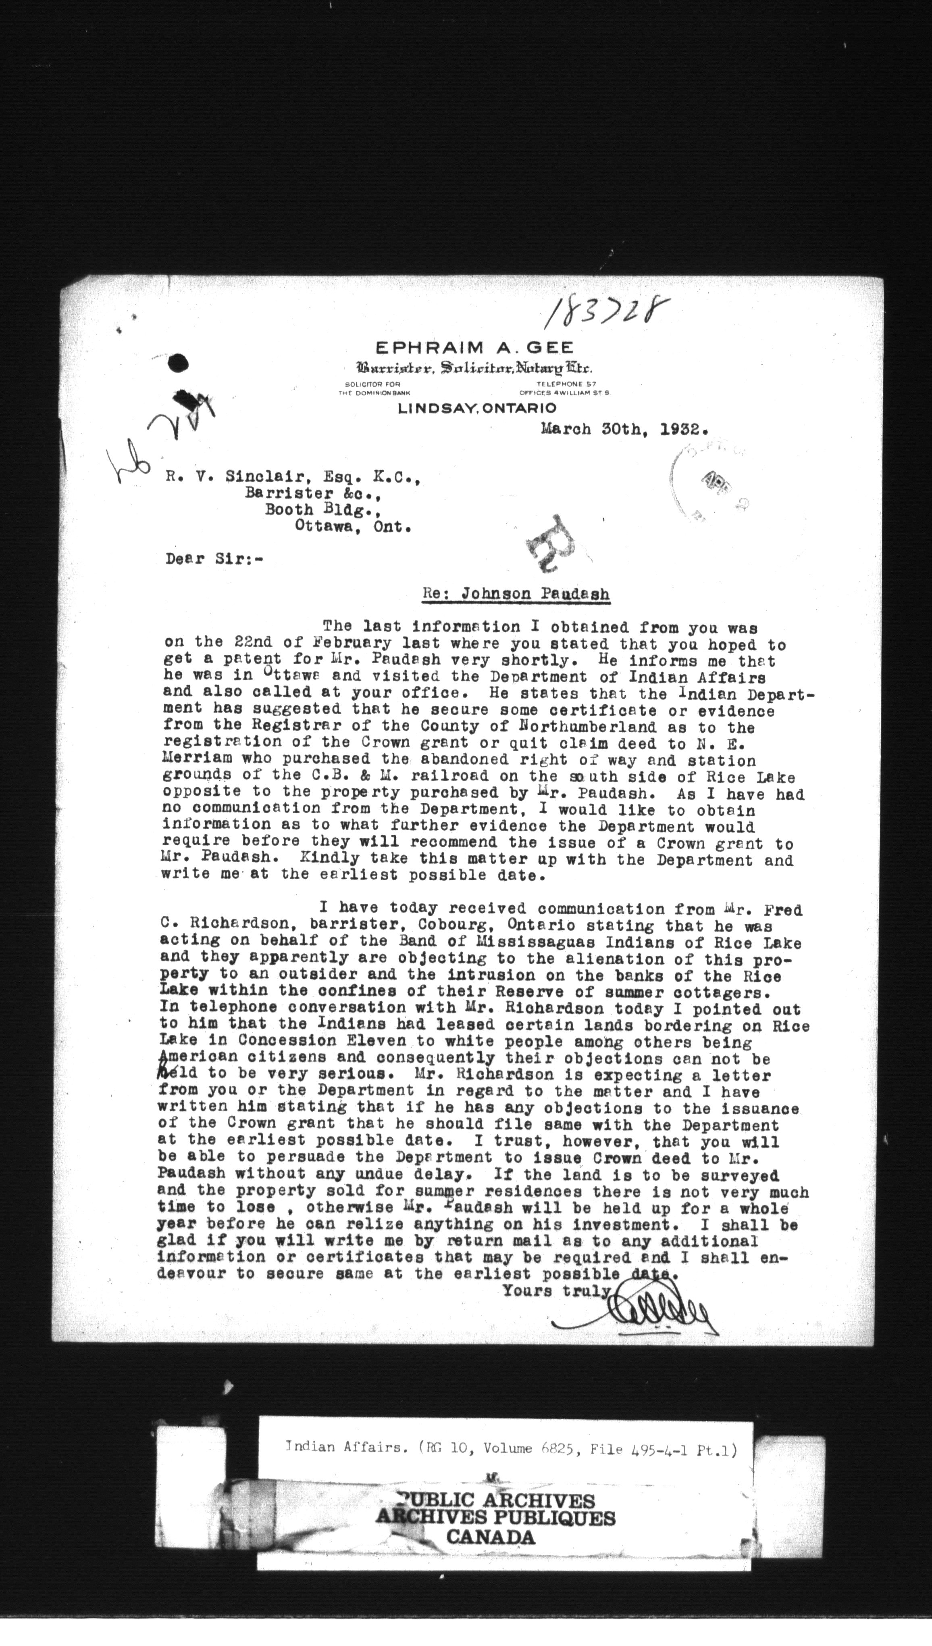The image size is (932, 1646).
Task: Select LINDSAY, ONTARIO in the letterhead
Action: [477, 408]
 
